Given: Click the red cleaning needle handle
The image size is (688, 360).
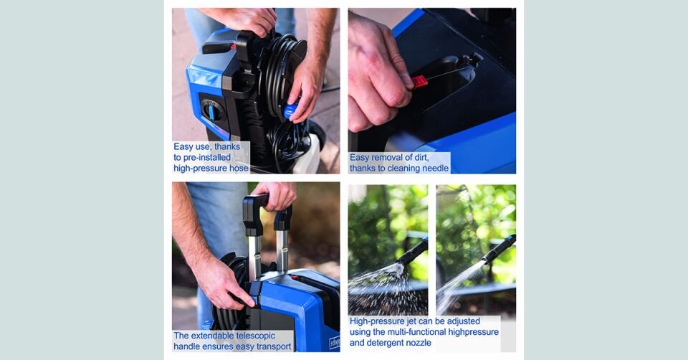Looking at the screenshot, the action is point(419,82).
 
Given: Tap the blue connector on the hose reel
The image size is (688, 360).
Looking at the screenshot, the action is point(290,110).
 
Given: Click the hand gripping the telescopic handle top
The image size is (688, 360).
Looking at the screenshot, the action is point(275,194).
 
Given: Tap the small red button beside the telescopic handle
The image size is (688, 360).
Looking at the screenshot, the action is point(295,277).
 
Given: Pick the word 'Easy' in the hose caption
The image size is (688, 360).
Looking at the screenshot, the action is point(183,146).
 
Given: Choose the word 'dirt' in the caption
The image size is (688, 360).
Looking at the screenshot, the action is point(421,157).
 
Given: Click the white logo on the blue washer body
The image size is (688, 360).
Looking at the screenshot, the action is point(335,342).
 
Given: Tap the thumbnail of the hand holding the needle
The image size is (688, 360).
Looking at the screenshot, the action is point(432,90).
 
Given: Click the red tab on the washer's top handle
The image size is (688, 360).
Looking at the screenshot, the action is point(232,47).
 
